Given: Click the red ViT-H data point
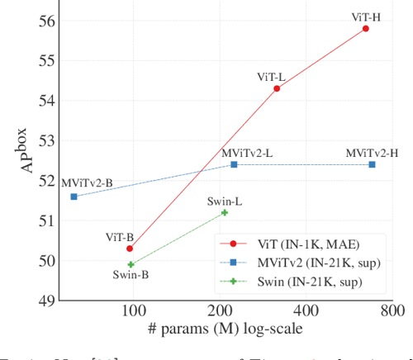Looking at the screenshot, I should [x=365, y=28].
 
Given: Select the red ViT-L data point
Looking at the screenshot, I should [x=277, y=88].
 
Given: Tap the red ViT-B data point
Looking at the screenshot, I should [x=130, y=248].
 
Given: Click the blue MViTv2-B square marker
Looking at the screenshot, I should [x=74, y=197].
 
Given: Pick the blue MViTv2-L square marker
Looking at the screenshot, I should [x=234, y=164].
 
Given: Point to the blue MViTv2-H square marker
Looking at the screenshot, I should [x=372, y=164].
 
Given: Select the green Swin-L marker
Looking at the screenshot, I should [x=225, y=212].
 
